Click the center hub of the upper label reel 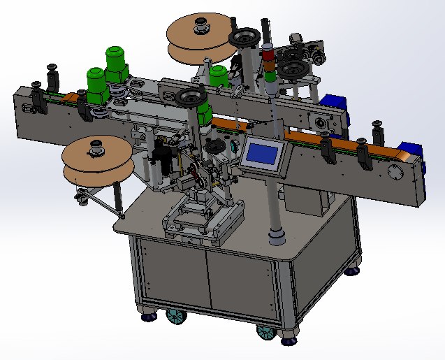[x=201, y=27]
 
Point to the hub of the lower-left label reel [x=93, y=148]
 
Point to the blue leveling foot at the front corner [x=289, y=341]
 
